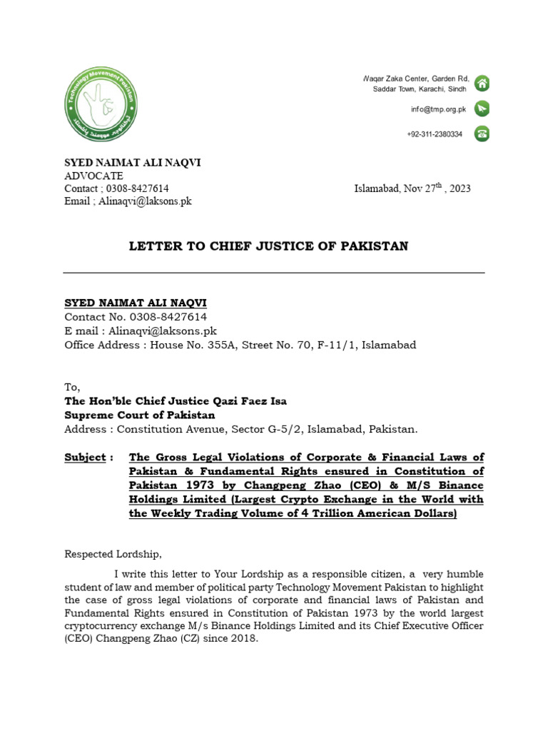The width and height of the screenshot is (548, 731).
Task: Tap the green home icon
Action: click(x=482, y=83)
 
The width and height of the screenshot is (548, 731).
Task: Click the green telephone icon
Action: click(x=482, y=133)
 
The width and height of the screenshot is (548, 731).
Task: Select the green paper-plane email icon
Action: click(x=482, y=109)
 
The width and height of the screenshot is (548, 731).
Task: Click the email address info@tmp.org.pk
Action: click(x=438, y=109)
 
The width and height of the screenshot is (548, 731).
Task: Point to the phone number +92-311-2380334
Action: click(x=435, y=134)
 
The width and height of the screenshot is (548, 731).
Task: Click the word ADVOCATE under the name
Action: click(x=93, y=176)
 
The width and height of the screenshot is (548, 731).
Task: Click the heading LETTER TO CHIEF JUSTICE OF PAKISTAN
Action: click(x=268, y=246)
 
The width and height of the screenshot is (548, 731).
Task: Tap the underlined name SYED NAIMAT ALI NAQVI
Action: click(x=136, y=303)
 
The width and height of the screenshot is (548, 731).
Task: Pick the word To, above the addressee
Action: click(x=73, y=387)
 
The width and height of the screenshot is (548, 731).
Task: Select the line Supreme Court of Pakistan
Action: click(x=140, y=415)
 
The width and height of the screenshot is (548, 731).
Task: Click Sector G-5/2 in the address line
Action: click(x=270, y=429)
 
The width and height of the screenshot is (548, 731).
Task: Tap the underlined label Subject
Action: click(x=85, y=457)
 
